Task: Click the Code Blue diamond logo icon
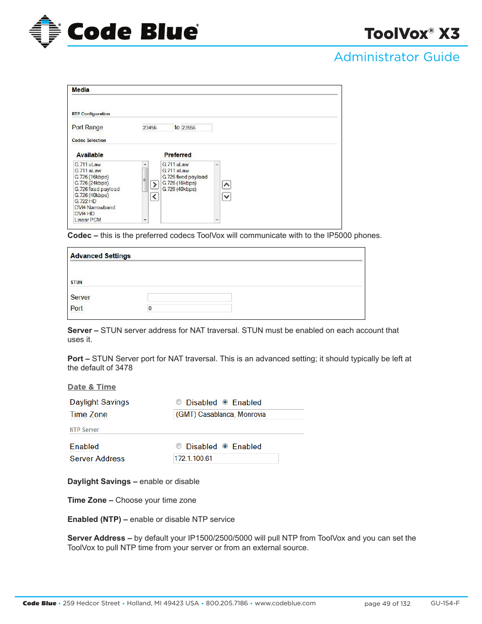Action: [44, 31]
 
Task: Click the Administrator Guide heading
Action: [397, 57]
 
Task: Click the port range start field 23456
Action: [157, 128]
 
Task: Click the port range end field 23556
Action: [196, 128]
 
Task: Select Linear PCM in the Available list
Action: [88, 220]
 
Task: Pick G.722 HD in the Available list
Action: [85, 201]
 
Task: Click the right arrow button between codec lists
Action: [155, 185]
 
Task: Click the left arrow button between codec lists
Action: [155, 197]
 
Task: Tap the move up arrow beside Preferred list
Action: [226, 185]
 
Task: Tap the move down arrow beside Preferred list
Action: [226, 197]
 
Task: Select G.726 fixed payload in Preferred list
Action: [185, 177]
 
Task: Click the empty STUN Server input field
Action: [189, 298]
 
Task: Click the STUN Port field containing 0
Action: [189, 308]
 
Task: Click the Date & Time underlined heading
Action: [92, 387]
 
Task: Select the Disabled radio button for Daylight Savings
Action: [179, 402]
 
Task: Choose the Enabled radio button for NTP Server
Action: [225, 446]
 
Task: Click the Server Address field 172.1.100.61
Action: [225, 459]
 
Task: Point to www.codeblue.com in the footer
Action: [285, 603]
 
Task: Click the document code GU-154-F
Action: [445, 603]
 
